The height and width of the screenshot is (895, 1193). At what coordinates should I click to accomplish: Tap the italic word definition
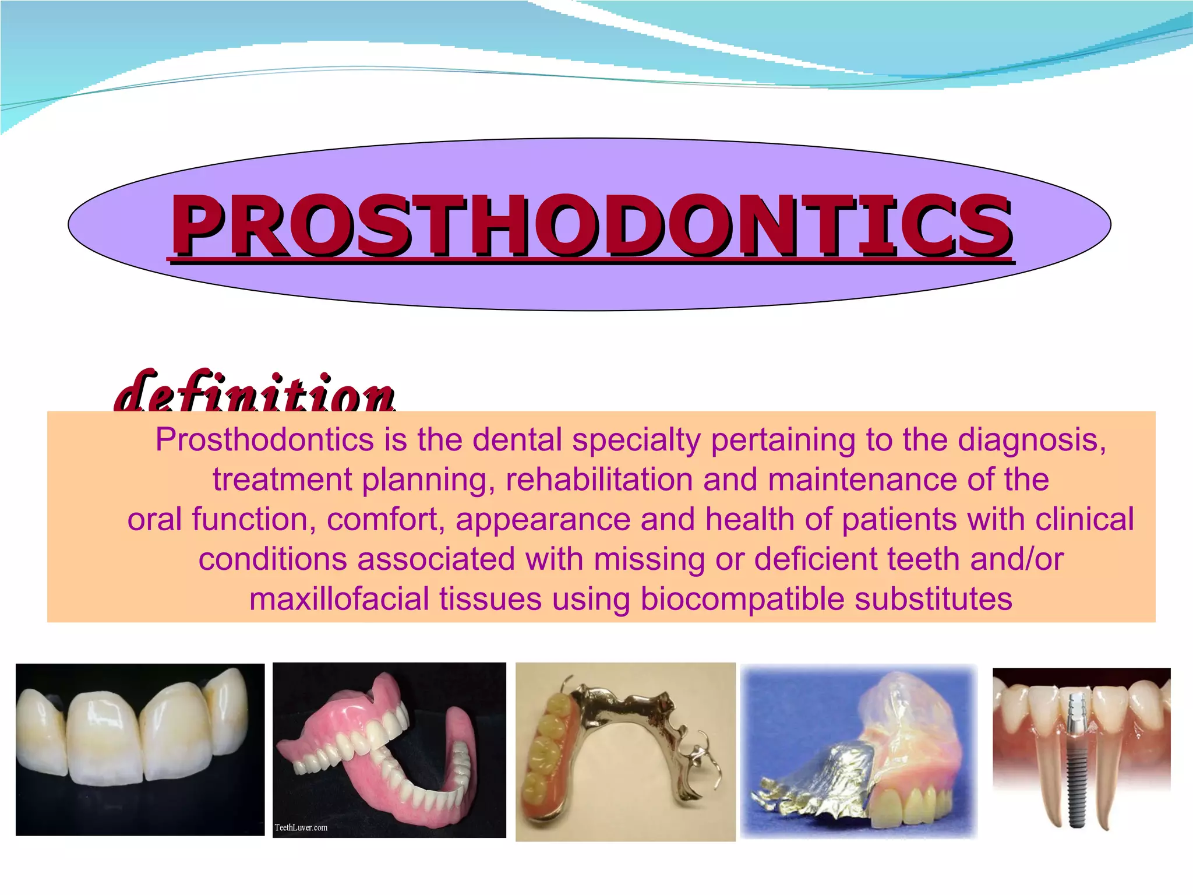click(255, 392)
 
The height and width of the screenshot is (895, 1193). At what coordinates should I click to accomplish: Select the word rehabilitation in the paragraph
click(599, 480)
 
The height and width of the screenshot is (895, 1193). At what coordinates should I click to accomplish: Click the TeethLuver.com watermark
click(301, 827)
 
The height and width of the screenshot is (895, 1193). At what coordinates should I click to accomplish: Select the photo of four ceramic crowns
click(140, 749)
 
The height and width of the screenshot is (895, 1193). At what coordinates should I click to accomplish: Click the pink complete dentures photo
click(389, 749)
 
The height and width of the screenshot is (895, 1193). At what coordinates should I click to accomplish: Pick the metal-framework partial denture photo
click(625, 752)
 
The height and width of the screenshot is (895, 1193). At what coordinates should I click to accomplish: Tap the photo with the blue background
click(858, 751)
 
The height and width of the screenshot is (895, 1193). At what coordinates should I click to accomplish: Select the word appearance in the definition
click(543, 519)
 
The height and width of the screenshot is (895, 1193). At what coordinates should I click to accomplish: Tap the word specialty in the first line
click(636, 440)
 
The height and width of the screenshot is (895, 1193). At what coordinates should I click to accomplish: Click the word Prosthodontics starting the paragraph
click(264, 440)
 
